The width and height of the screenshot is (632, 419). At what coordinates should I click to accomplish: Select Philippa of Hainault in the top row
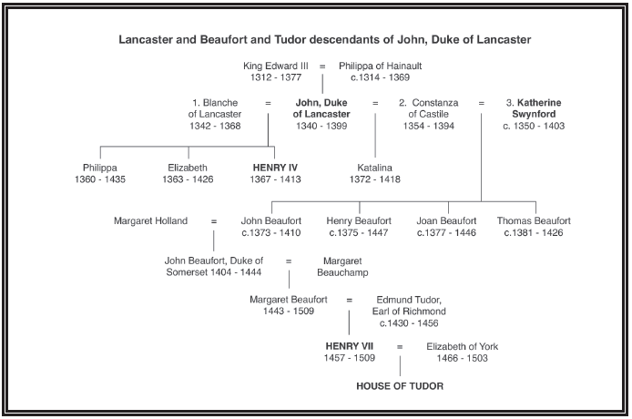pos(380,66)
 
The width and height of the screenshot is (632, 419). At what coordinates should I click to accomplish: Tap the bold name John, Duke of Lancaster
pos(321,108)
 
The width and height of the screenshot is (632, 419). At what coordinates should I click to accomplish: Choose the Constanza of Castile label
pos(429,108)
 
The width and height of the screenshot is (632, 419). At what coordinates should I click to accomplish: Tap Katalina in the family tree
pos(375,168)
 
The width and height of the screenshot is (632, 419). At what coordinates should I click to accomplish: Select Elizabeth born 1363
pos(188,168)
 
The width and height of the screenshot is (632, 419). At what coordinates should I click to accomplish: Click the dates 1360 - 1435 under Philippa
pos(100,179)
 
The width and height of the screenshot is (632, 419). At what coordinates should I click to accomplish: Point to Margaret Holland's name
pos(150,220)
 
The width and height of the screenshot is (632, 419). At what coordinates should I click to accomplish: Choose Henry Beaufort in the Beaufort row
pos(359,220)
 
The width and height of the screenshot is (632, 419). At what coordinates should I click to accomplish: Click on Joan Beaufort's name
pos(446,220)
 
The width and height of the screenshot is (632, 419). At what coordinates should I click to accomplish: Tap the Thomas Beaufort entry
pos(534,220)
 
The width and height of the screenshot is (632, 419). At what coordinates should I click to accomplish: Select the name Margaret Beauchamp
pos(342,266)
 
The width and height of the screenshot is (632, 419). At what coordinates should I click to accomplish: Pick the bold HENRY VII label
pos(349,346)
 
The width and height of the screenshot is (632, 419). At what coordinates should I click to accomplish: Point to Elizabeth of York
pos(463,346)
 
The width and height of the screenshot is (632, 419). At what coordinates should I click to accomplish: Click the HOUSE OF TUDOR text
pos(400,386)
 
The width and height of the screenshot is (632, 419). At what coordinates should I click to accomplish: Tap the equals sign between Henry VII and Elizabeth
pos(399,347)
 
